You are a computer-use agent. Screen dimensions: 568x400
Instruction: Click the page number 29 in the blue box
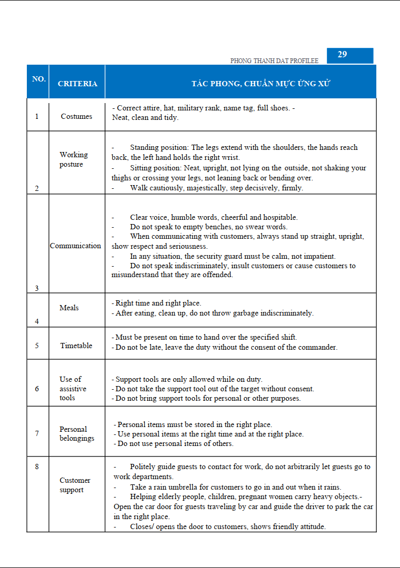click(342, 55)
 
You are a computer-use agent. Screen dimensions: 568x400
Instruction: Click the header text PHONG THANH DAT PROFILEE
click(274, 61)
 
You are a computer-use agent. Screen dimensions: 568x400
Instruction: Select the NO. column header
click(38, 79)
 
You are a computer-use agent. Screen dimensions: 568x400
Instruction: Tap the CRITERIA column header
click(77, 84)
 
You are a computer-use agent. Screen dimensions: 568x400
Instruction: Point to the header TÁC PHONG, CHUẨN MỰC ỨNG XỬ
click(261, 84)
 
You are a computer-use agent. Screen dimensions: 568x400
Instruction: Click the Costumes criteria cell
click(76, 116)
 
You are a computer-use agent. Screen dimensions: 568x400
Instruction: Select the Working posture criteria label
click(73, 159)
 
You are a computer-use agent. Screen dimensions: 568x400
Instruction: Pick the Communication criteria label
click(75, 246)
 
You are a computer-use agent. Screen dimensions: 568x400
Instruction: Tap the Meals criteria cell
click(69, 308)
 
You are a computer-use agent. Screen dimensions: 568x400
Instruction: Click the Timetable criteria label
click(76, 346)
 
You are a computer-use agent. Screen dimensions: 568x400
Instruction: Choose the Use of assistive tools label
click(73, 388)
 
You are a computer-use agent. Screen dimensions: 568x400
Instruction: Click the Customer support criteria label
click(75, 485)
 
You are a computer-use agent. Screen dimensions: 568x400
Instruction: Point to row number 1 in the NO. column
click(37, 116)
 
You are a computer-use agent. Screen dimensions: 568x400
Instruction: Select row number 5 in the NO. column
click(37, 346)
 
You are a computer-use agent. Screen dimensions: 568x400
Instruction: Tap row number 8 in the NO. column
click(37, 466)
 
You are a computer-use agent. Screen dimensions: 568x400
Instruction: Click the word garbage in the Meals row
click(256, 313)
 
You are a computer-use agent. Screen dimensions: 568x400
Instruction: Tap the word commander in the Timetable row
click(317, 347)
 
